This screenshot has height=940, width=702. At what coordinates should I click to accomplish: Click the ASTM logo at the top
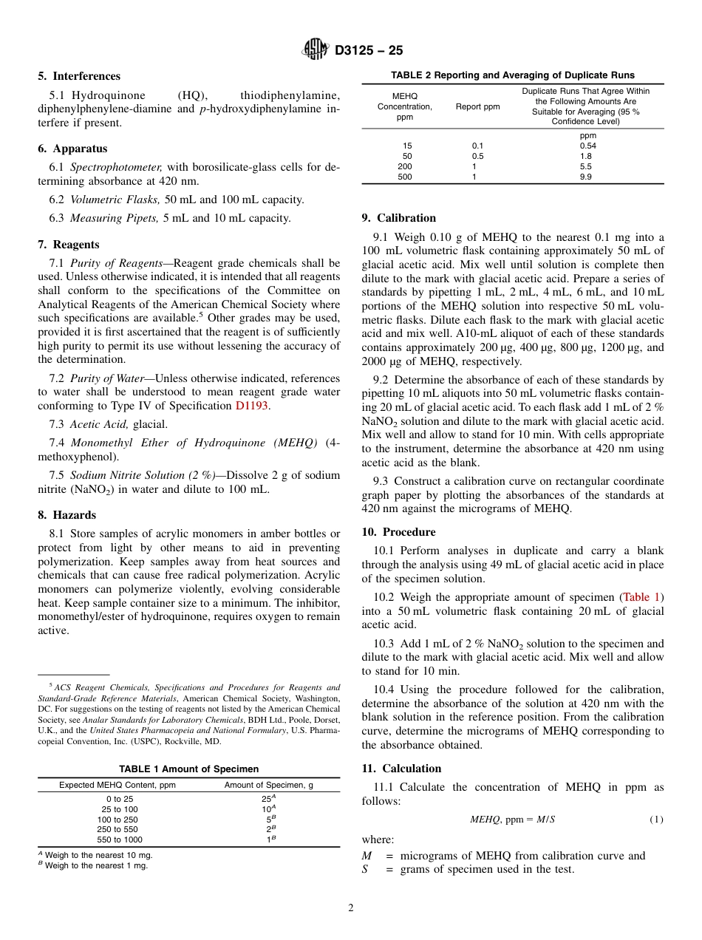click(316, 50)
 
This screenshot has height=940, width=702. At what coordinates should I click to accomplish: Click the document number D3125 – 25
click(369, 50)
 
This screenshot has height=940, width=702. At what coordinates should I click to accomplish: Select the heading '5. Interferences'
click(79, 76)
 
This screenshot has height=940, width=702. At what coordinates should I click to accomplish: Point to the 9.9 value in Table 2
click(585, 177)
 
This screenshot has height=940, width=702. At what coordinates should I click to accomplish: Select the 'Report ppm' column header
click(477, 106)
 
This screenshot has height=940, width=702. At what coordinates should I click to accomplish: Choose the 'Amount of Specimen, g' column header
click(268, 785)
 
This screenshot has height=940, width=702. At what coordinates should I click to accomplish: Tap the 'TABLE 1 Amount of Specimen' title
click(188, 769)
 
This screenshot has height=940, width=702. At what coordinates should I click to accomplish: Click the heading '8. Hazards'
click(67, 515)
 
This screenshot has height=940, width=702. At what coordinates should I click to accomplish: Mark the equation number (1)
click(656, 820)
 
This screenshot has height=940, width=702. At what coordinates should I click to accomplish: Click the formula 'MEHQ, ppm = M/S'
click(512, 820)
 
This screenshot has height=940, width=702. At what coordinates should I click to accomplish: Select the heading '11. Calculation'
click(401, 769)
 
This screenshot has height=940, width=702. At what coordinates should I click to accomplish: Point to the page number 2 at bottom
click(351, 908)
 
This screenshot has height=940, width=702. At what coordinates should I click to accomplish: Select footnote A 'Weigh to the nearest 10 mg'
click(95, 855)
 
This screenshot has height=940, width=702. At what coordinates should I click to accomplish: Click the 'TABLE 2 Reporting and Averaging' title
click(512, 75)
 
